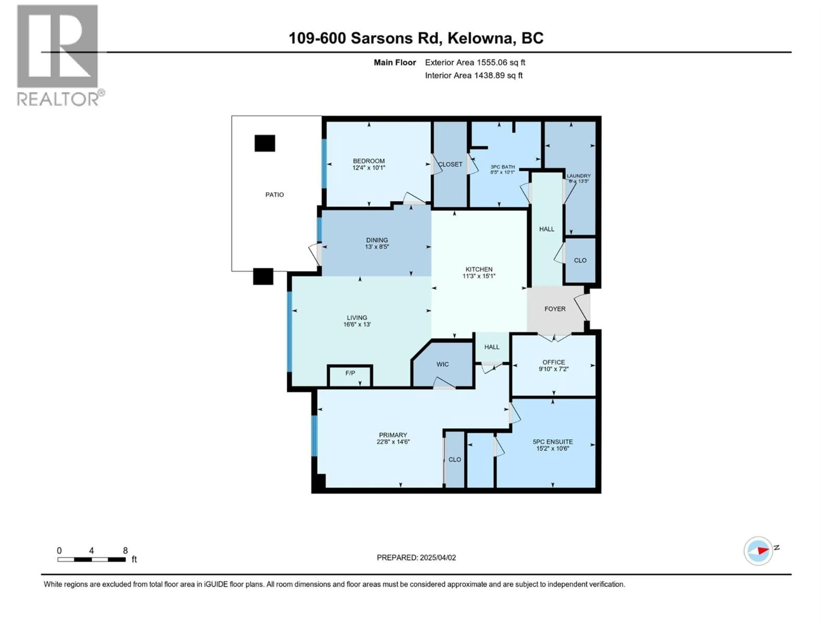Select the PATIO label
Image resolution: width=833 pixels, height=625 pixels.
coord(275,195)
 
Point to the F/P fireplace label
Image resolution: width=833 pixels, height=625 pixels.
coord(350,373)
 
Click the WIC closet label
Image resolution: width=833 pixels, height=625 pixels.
coord(443,364)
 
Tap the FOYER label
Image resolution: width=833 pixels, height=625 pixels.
coord(555,309)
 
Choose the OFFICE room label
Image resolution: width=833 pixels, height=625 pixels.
coord(554,362)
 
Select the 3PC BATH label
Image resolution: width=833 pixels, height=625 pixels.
coord(502,167)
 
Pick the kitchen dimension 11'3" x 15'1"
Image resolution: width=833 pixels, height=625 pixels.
coord(479,276)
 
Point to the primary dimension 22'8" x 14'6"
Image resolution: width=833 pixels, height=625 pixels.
coord(393,442)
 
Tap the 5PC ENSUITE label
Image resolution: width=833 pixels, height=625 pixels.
coord(553,442)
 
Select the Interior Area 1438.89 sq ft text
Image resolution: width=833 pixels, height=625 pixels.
coord(474,75)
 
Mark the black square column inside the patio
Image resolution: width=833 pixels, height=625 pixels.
coord(265,143)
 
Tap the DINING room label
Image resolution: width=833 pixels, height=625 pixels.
coord(377,240)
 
